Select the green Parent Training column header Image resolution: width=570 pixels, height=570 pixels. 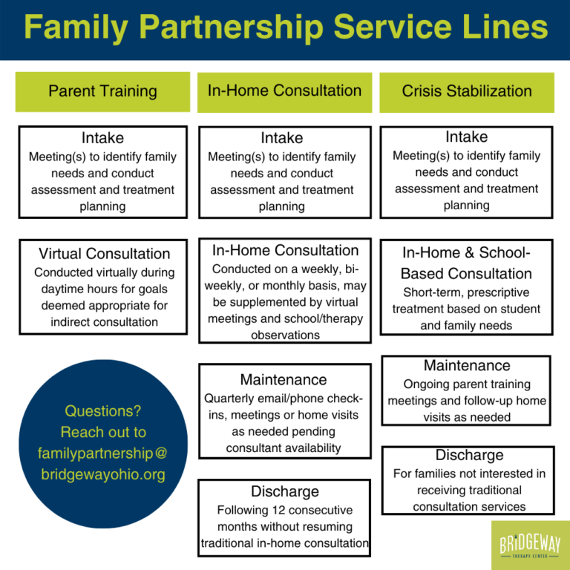[x=102, y=91]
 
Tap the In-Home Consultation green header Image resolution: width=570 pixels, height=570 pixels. [x=284, y=91]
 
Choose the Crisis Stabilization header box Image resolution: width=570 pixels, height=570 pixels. [x=467, y=91]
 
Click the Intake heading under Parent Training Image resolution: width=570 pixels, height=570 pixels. [x=102, y=138]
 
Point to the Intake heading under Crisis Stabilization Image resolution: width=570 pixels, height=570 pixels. [x=466, y=137]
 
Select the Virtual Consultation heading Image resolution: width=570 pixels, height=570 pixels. [x=103, y=254]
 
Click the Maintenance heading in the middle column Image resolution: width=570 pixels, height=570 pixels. [x=284, y=380]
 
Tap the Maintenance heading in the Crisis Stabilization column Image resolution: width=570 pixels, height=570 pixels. [x=467, y=366]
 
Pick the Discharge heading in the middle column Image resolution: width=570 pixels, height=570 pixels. [x=284, y=491]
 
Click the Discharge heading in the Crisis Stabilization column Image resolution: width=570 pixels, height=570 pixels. [x=469, y=455]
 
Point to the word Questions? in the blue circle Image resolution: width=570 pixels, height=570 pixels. [x=102, y=411]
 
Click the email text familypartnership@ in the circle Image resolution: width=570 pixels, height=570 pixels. [x=102, y=453]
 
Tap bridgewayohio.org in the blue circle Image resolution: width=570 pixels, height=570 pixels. [x=102, y=474]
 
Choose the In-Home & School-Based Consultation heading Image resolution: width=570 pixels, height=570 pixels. [x=467, y=263]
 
